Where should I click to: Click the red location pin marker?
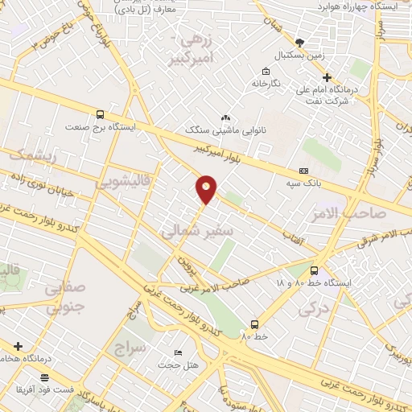(206, 188)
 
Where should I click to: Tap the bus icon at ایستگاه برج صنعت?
(99, 114)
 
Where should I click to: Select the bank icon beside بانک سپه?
(303, 171)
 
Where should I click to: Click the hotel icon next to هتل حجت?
(178, 353)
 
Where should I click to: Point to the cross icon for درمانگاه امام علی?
(327, 78)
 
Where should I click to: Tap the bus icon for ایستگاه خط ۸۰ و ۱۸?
(314, 271)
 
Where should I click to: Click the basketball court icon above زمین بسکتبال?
(300, 43)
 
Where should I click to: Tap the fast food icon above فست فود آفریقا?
(44, 377)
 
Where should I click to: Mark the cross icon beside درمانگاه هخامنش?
(19, 346)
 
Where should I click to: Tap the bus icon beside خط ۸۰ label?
(254, 323)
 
